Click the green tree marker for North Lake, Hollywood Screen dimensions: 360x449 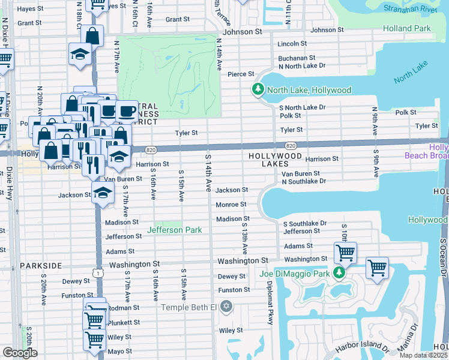(258, 89)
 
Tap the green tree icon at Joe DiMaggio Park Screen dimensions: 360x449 (339, 274)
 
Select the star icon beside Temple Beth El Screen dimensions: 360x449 (226, 307)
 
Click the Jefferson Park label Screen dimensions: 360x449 (175, 230)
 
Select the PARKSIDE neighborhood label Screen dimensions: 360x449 (41, 265)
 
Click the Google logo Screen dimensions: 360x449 (20, 353)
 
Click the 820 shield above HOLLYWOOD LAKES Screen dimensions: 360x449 (291, 146)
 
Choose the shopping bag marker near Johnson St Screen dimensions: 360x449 (93, 35)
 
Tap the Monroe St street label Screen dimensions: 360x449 (231, 205)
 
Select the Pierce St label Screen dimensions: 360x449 (241, 74)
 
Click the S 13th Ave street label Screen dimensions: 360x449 (245, 236)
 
